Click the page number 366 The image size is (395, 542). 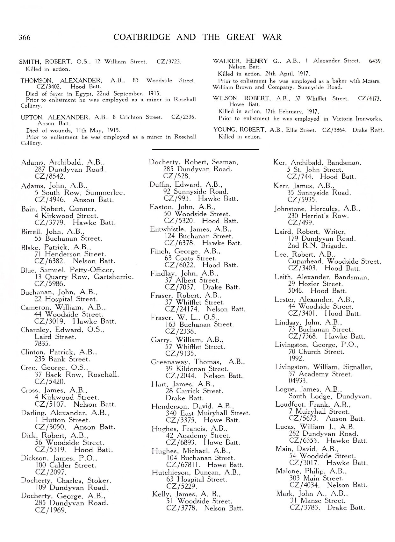25,38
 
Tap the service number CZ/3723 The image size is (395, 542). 169,62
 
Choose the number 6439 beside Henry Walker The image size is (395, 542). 375,61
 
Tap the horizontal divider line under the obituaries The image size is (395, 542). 205,149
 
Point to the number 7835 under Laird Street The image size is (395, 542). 43,344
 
